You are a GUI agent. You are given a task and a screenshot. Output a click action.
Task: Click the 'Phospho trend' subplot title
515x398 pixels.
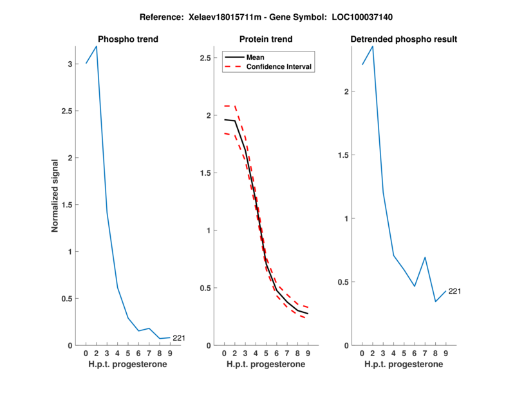(x=127, y=39)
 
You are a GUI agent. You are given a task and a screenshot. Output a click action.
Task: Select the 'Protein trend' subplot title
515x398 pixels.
(x=265, y=39)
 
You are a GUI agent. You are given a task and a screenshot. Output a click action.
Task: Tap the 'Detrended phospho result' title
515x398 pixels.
(x=404, y=39)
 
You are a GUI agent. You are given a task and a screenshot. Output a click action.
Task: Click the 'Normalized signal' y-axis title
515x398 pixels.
(x=56, y=196)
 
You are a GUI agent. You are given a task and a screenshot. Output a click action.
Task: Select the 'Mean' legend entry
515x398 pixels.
(x=256, y=57)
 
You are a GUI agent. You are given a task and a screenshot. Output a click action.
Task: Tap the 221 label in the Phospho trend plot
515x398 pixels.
(x=180, y=337)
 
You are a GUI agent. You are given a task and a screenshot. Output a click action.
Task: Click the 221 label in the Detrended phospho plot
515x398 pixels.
(x=454, y=291)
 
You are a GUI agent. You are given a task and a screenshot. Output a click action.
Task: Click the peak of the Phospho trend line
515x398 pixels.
(x=97, y=46)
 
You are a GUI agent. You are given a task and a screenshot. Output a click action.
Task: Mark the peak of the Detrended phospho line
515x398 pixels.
(x=372, y=46)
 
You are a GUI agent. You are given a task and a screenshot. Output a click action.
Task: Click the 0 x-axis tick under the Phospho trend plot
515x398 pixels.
(x=86, y=354)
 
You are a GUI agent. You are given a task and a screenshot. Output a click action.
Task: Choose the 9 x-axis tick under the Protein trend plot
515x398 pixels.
(x=308, y=354)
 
